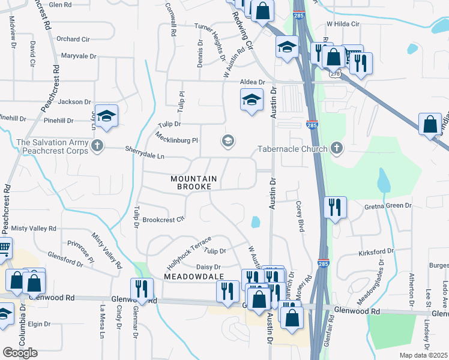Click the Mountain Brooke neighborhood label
[x=191, y=182]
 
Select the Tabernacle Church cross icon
[x=337, y=149]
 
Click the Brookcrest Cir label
[x=163, y=220]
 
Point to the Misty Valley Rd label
[x=34, y=229]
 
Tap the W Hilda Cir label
[x=342, y=24]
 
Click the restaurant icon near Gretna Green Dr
[x=334, y=207]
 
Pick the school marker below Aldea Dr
[x=252, y=99]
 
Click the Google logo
[x=20, y=353]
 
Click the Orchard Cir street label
[x=73, y=39]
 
